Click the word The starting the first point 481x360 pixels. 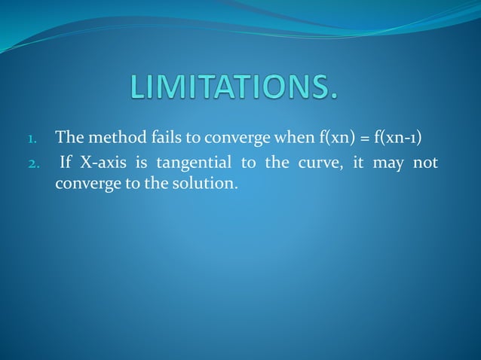pos(69,139)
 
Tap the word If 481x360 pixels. pos(66,164)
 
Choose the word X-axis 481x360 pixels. pos(102,164)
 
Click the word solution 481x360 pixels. pos(201,183)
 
